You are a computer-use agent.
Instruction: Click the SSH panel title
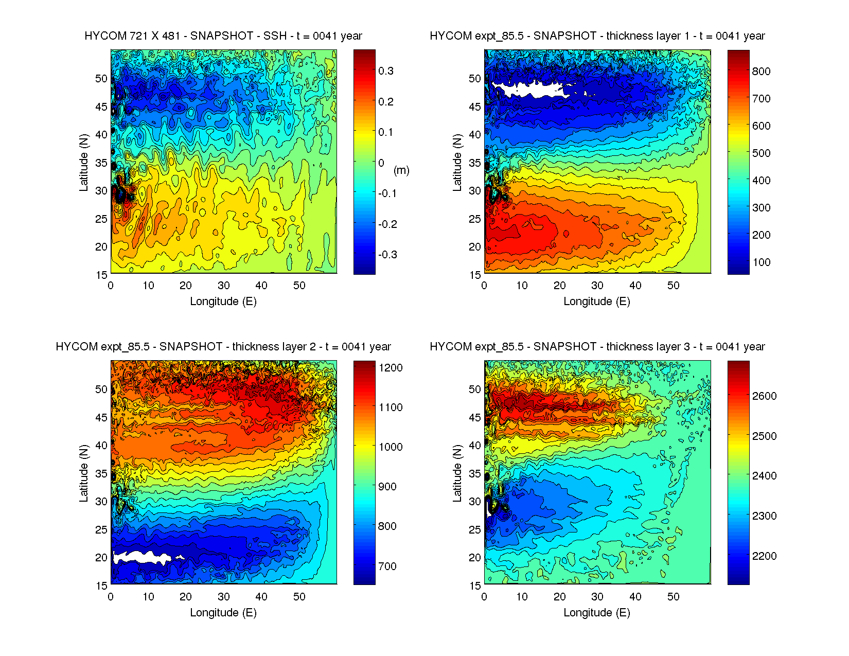click(223, 36)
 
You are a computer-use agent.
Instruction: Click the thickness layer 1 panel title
click(597, 36)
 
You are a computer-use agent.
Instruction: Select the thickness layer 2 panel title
click(223, 347)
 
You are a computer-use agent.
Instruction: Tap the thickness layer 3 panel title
click(597, 347)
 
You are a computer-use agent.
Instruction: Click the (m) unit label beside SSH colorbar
click(401, 170)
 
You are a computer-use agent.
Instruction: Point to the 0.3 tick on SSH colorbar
click(386, 71)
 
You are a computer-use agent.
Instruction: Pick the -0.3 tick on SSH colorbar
click(387, 255)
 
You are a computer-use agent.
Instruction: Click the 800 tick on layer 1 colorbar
click(761, 72)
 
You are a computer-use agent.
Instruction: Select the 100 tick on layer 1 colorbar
click(761, 262)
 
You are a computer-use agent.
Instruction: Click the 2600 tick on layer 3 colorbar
click(764, 396)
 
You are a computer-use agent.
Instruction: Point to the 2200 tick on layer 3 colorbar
click(764, 556)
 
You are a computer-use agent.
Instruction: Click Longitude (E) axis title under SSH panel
click(223, 302)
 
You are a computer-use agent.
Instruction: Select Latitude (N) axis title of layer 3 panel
click(457, 473)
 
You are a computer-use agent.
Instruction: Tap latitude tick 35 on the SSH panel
click(101, 163)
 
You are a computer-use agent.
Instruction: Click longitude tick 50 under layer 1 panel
click(673, 286)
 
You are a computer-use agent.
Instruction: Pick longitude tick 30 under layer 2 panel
click(223, 597)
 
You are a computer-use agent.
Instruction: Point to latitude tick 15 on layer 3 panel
click(475, 586)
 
